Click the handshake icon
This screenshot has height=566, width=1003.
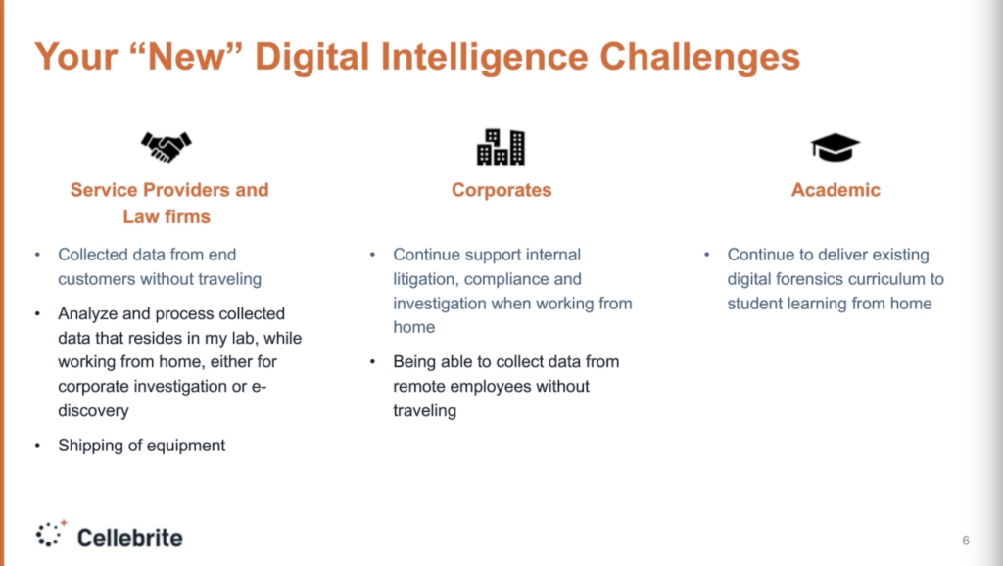pyautogui.click(x=167, y=147)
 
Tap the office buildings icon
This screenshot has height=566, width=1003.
pyautogui.click(x=501, y=148)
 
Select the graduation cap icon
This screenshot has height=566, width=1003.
pyautogui.click(x=835, y=148)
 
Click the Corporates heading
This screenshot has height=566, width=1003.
pyautogui.click(x=501, y=190)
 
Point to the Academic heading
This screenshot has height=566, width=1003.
pyautogui.click(x=836, y=190)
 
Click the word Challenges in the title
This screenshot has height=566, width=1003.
pyautogui.click(x=699, y=56)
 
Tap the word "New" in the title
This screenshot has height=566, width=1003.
pyautogui.click(x=186, y=56)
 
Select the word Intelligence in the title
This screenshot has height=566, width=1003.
pyautogui.click(x=484, y=58)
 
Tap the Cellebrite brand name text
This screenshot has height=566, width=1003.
pyautogui.click(x=130, y=538)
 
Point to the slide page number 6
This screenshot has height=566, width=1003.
pyautogui.click(x=966, y=541)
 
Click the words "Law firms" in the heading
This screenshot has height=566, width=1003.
pyautogui.click(x=167, y=216)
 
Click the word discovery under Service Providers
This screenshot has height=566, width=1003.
pyautogui.click(x=93, y=410)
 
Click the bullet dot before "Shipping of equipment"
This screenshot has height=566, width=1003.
pyautogui.click(x=38, y=446)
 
